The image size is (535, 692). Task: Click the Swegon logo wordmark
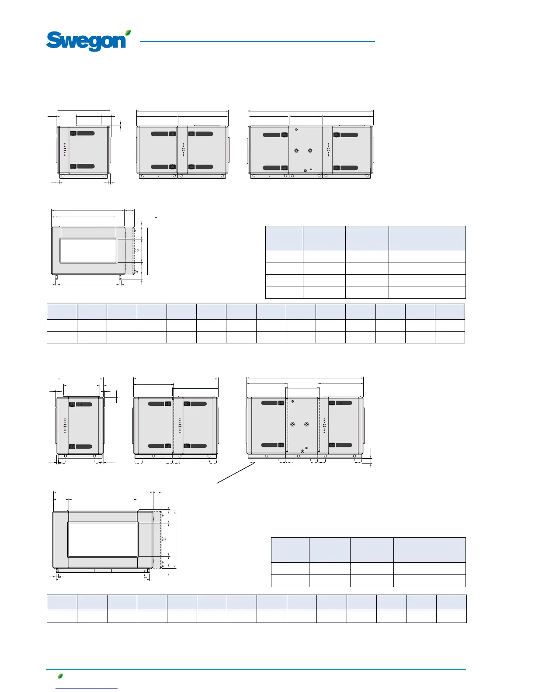[86, 42]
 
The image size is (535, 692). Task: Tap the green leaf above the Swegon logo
[128, 33]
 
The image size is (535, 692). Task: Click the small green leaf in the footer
[60, 676]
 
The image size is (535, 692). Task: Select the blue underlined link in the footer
[87, 688]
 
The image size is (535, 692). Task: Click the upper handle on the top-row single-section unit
[82, 133]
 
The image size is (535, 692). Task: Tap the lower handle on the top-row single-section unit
[82, 166]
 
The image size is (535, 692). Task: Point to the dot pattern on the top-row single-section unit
[65, 149]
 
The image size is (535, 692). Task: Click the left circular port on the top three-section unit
[296, 150]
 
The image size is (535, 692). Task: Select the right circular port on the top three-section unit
[310, 150]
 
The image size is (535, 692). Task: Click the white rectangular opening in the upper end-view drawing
[88, 250]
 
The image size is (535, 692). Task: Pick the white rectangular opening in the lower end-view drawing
[103, 540]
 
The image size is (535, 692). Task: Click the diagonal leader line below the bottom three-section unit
[236, 474]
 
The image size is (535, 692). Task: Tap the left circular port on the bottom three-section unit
[292, 424]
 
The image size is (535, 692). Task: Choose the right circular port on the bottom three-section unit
[306, 424]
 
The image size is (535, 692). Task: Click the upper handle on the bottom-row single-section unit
[81, 405]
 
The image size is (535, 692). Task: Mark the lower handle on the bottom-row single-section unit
[81, 446]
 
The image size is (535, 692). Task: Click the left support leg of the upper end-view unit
[56, 278]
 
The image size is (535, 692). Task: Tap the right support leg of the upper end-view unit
[120, 278]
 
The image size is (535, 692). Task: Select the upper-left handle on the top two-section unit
[160, 134]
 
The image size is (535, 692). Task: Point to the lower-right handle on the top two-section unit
[201, 167]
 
